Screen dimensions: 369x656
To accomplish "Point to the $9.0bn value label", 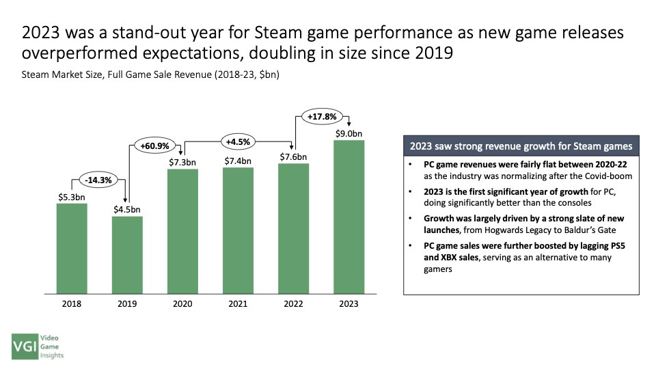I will pyautogui.click(x=348, y=133).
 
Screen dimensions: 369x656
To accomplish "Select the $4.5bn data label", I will pyautogui.click(x=127, y=209).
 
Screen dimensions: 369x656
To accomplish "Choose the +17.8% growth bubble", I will pyautogui.click(x=321, y=116).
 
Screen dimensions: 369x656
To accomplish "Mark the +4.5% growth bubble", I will pyautogui.click(x=238, y=142).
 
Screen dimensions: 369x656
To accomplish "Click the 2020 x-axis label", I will pyautogui.click(x=182, y=304).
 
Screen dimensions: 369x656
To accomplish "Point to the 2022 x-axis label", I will pyautogui.click(x=293, y=304).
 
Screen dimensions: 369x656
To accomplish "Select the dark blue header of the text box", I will pyautogui.click(x=521, y=146).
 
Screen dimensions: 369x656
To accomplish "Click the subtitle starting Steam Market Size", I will pyautogui.click(x=150, y=74).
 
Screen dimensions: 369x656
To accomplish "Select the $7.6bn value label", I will pyautogui.click(x=293, y=156).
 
